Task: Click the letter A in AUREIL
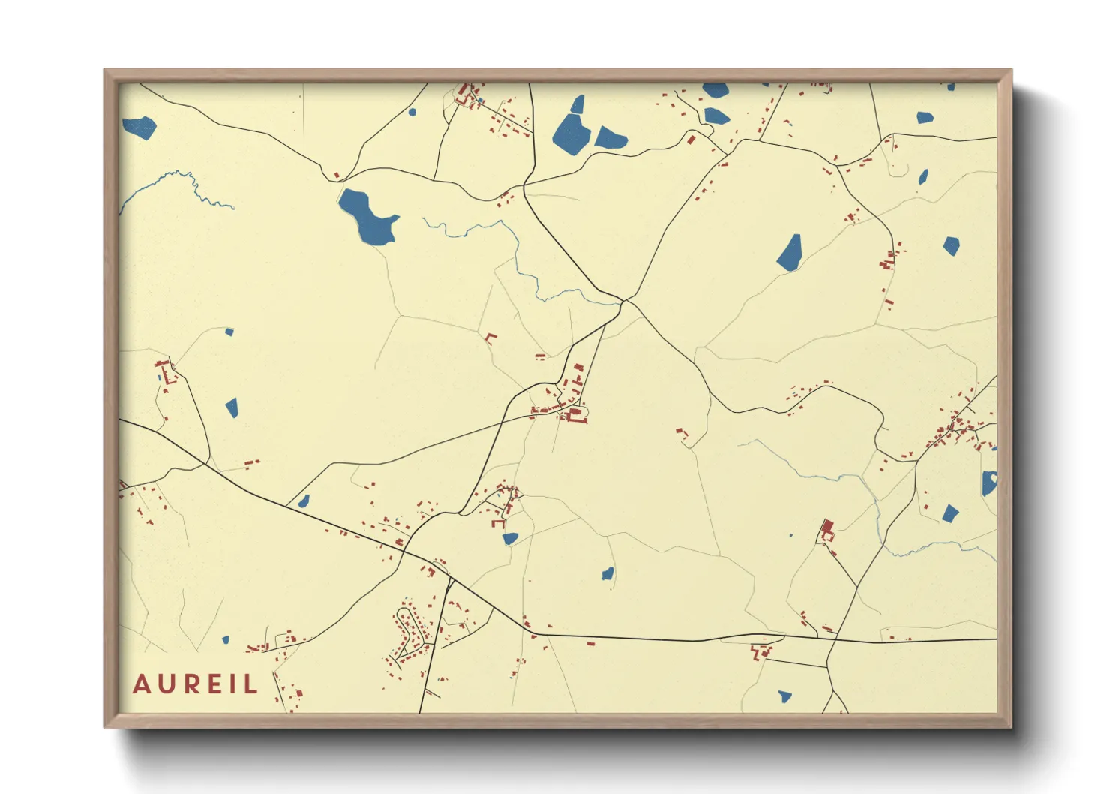(141, 684)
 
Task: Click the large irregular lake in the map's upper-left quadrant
(366, 217)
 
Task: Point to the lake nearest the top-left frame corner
(139, 127)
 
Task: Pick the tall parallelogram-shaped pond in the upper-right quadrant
(790, 252)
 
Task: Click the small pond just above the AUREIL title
(225, 640)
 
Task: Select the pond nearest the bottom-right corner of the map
(784, 696)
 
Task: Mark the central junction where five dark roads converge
(625, 302)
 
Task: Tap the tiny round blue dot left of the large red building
(790, 536)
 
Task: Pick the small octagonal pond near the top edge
(412, 113)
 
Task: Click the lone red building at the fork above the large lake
(337, 175)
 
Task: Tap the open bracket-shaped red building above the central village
(490, 338)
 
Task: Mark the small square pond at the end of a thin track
(229, 332)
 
